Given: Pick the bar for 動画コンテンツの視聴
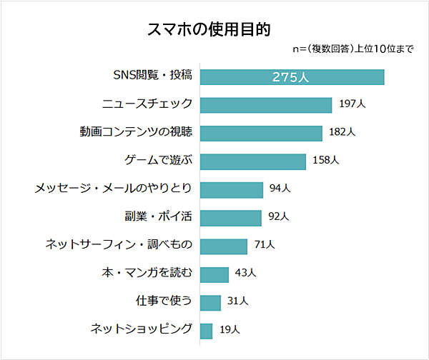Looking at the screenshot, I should pos(261,133).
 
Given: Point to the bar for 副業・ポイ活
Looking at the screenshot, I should pos(231,217).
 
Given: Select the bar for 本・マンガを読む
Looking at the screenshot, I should pos(214,274).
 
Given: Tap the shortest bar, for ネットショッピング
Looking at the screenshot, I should pos(207,330).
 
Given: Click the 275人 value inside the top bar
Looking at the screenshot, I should pos(291,77).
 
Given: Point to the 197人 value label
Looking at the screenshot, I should pos(352,105).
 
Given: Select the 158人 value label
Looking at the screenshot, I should pos(326,161).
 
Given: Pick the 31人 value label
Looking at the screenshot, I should pos(237,302).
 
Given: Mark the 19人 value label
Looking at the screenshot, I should pos(230,330).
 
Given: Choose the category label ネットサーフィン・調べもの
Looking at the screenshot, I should pos(119,246).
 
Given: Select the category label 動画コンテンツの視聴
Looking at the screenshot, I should pos(136,133).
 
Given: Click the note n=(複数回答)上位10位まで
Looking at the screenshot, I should pos(353,50).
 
